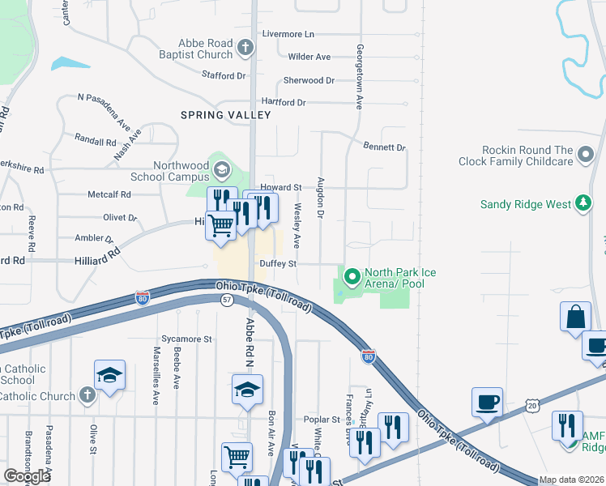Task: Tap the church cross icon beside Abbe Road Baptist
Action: pos(245,49)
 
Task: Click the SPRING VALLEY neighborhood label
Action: pos(226,115)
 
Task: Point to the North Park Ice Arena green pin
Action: pos(352,278)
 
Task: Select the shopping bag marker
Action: pos(575,316)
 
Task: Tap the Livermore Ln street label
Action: pos(288,35)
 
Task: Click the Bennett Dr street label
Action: pos(384,147)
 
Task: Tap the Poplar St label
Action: pos(323,420)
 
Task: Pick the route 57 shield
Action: pos(228,300)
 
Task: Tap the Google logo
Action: pos(28,475)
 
